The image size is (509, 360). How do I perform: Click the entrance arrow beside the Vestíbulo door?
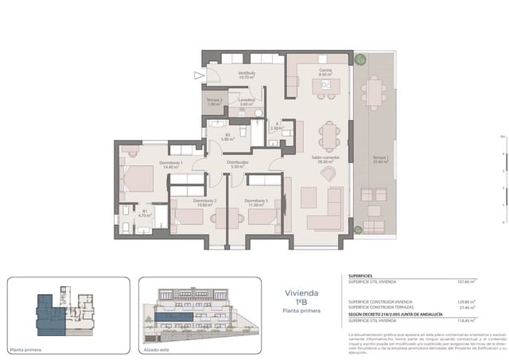(x=198, y=75)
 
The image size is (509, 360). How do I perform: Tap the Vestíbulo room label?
(x=247, y=75)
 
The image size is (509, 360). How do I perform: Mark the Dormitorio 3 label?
(x=256, y=202)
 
